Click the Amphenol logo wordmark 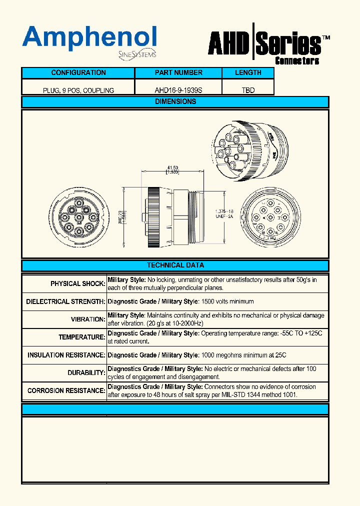tap(89, 37)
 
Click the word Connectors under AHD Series tap(297, 61)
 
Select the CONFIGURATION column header tap(78, 73)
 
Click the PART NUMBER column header tap(178, 73)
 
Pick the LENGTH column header tap(248, 73)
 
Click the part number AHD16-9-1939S tap(178, 90)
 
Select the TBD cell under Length tap(248, 90)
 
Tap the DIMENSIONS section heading tap(175, 101)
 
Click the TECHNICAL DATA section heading tap(175, 265)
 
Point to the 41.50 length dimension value tap(173, 167)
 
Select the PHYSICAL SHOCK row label tap(77, 284)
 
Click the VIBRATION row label tap(87, 319)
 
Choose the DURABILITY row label tap(86, 373)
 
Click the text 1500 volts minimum tap(227, 301)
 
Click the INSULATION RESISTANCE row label tap(66, 355)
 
